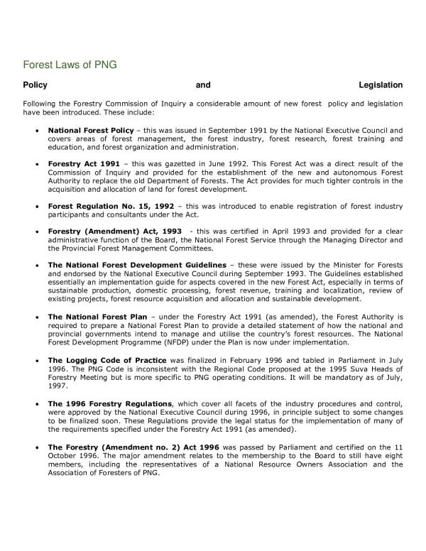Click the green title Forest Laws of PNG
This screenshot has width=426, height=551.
tap(70, 65)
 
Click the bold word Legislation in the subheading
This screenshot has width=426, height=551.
tap(381, 85)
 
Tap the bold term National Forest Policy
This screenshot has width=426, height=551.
tap(90, 131)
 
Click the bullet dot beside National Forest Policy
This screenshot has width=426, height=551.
tap(36, 132)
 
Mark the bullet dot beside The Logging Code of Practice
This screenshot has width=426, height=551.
tap(36, 361)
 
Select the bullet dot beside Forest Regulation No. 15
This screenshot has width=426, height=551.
tap(36, 207)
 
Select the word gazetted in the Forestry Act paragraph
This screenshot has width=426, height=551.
tap(153, 164)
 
